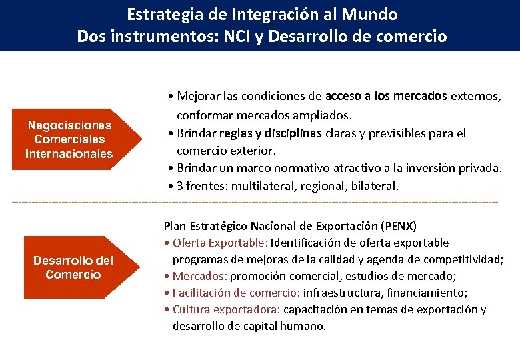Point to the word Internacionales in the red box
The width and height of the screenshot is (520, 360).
(x=69, y=154)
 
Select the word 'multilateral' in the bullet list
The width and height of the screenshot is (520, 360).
(x=257, y=186)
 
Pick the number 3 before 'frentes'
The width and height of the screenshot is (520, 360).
(x=181, y=186)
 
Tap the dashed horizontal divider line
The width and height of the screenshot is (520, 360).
(x=260, y=201)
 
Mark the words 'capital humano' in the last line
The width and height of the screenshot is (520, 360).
(x=289, y=326)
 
